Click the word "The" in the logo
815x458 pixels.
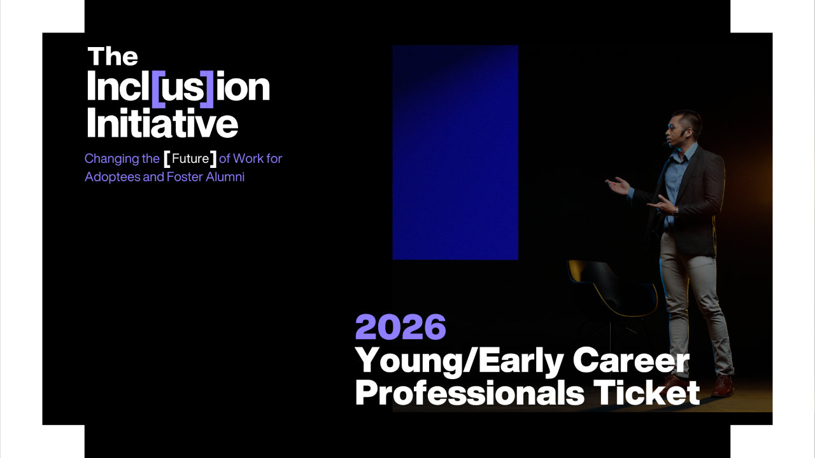(x=113, y=57)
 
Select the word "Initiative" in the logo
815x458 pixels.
(x=162, y=123)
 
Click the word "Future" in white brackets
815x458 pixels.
(x=190, y=158)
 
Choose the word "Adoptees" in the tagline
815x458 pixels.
(x=113, y=177)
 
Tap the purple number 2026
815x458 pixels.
(x=400, y=327)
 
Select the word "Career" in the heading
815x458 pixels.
(x=631, y=360)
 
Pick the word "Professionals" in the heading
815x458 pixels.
(x=470, y=393)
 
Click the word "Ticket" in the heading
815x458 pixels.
(x=646, y=392)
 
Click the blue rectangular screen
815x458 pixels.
(x=455, y=152)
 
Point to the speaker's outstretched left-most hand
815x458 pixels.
(x=618, y=186)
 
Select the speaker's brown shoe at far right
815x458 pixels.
(x=722, y=386)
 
